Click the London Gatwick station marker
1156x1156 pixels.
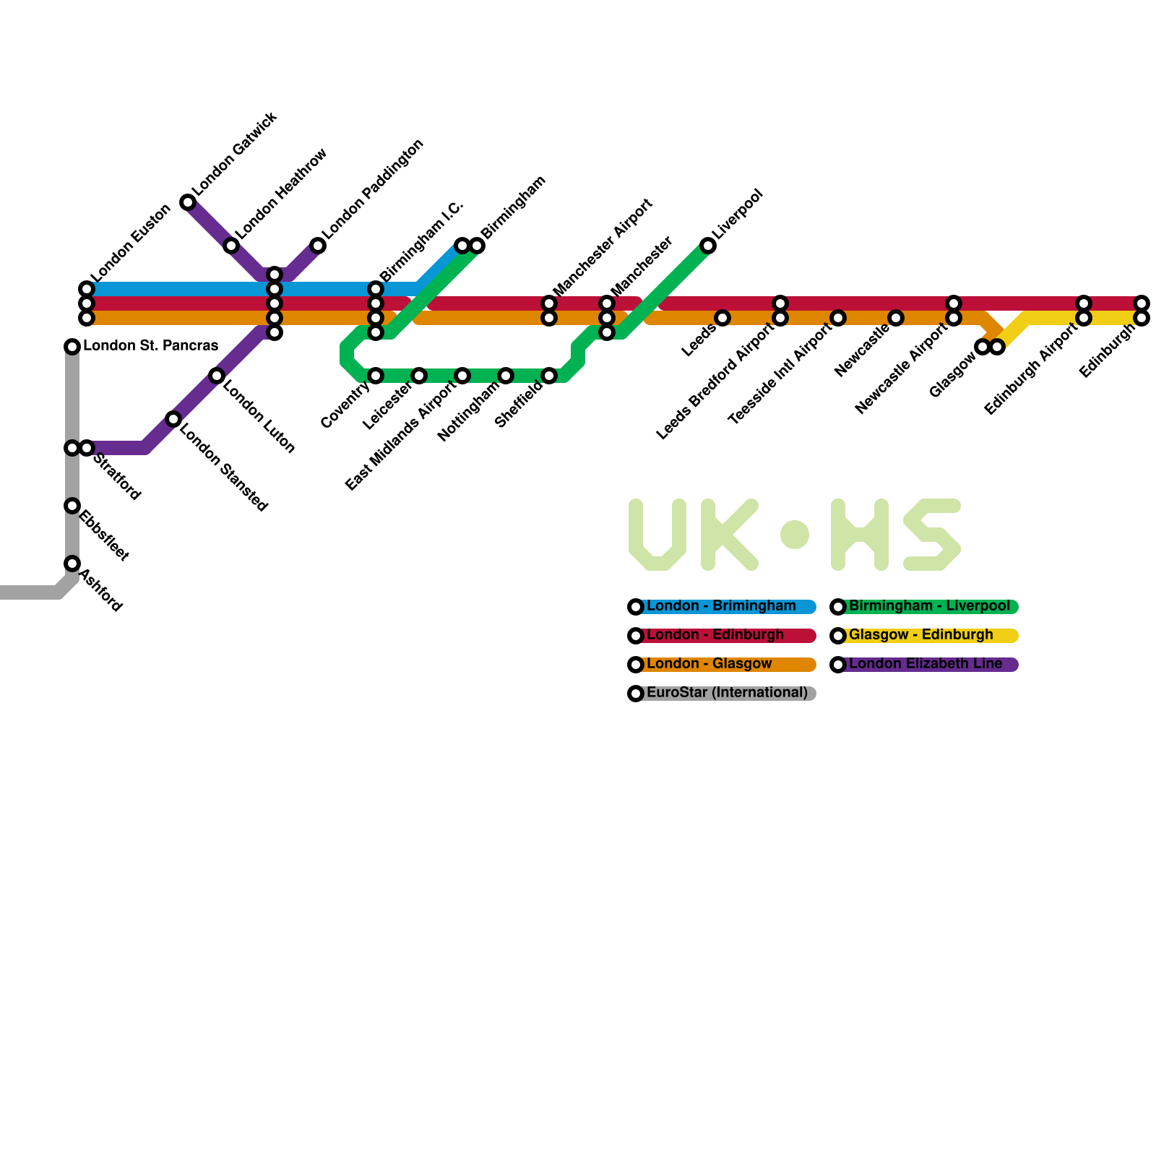188,202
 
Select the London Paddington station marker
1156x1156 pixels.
318,246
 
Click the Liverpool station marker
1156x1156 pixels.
708,246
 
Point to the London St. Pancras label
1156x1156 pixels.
150,345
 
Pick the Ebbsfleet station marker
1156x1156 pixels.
72,506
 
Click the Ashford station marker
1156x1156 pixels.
72,564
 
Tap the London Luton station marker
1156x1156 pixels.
217,376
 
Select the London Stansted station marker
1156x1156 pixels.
173,419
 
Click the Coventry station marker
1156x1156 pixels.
376,376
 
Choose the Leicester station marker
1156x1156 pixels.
419,376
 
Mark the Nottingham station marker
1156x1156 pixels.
506,376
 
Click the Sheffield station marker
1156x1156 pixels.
549,376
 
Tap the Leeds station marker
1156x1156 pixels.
722,318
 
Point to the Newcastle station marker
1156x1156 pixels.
896,318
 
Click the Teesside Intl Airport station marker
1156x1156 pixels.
838,318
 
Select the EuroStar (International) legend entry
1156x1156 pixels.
726,693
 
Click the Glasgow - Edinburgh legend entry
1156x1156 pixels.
920,635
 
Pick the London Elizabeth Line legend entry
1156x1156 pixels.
925,664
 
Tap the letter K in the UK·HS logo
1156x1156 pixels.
728,535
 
